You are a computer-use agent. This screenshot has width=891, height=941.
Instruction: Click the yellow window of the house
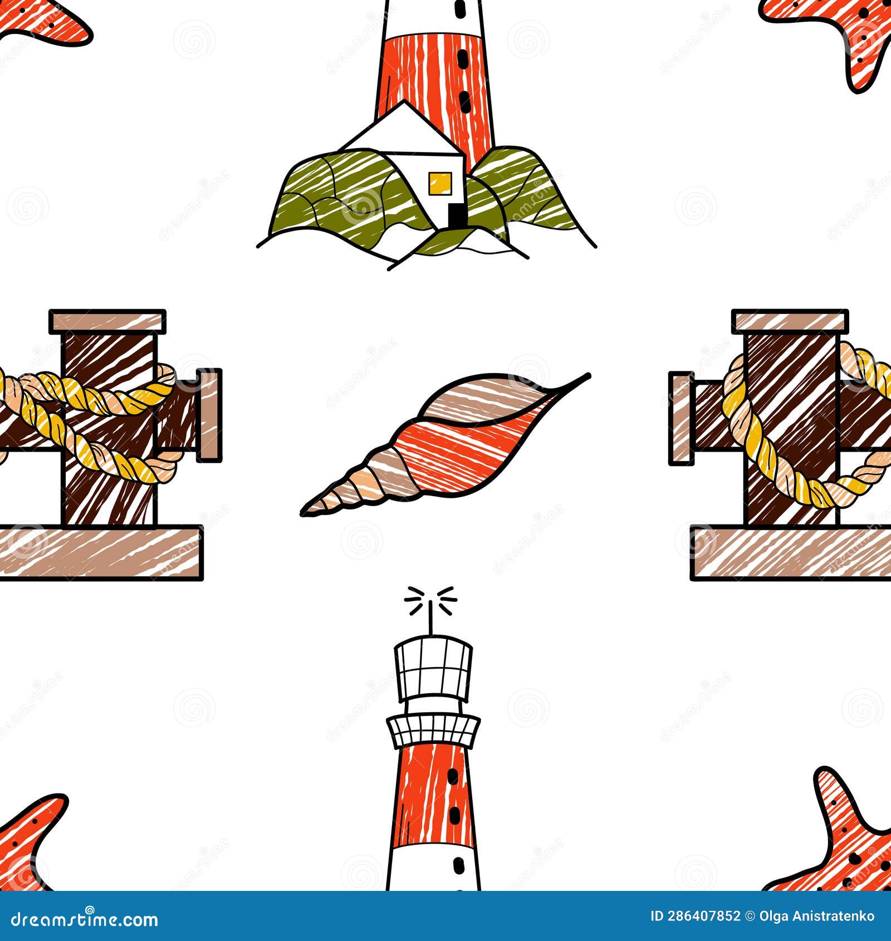tap(439, 183)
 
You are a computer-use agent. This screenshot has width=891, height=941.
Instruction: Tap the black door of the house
tap(456, 216)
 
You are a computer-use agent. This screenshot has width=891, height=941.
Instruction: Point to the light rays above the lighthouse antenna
tap(430, 601)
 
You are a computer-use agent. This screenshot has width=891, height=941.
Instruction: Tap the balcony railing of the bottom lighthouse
tap(433, 731)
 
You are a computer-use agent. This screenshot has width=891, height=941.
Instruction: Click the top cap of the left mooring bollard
tap(107, 322)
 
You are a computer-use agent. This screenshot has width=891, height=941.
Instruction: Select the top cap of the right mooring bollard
tap(790, 322)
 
